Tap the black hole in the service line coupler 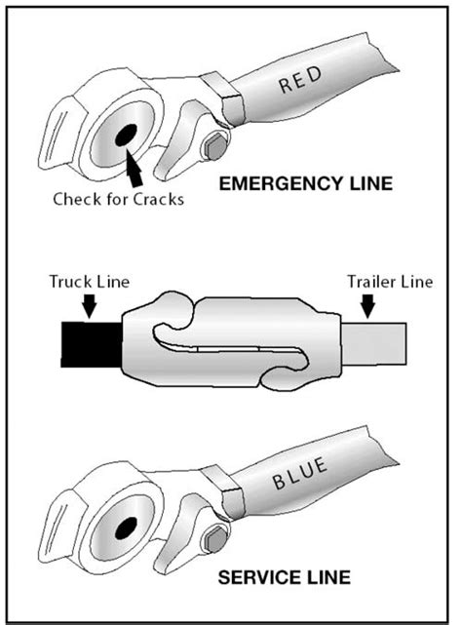click(126, 528)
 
